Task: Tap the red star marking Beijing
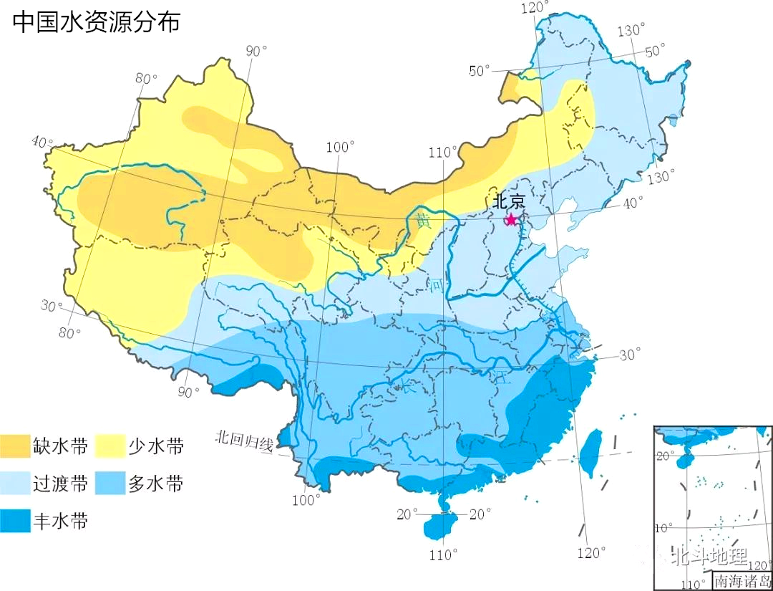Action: point(511,219)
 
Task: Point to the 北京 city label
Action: point(508,201)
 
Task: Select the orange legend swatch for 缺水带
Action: point(15,446)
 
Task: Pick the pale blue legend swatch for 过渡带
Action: point(15,484)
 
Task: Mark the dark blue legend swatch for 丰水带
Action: point(15,521)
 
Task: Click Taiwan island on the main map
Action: point(590,453)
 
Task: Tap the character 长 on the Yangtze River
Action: point(407,388)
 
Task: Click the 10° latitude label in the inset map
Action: point(663,528)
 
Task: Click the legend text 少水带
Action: point(156,447)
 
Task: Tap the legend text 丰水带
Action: point(60,522)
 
